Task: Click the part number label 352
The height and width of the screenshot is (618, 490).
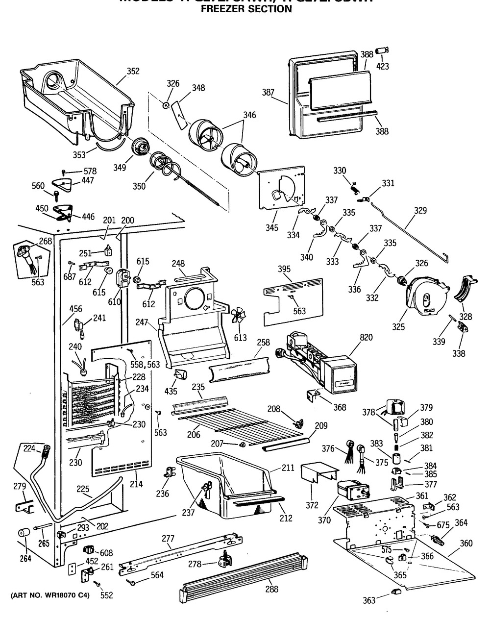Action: (133, 72)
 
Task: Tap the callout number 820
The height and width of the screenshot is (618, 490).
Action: (366, 337)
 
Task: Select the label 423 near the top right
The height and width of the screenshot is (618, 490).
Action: (383, 66)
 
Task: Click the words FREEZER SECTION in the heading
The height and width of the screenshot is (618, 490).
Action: (246, 9)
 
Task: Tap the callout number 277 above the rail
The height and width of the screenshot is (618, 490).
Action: (168, 539)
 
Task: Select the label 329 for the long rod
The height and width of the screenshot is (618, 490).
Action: (420, 211)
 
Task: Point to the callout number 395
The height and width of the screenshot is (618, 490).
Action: (284, 269)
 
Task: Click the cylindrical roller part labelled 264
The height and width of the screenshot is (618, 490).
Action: (23, 533)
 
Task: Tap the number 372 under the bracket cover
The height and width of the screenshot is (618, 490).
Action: (312, 505)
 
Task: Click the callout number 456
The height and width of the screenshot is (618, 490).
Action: (76, 309)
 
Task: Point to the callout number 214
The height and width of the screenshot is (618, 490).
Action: (136, 484)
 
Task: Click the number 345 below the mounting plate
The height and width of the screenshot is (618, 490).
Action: (272, 228)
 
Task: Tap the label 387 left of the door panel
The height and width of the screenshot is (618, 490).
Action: (268, 92)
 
